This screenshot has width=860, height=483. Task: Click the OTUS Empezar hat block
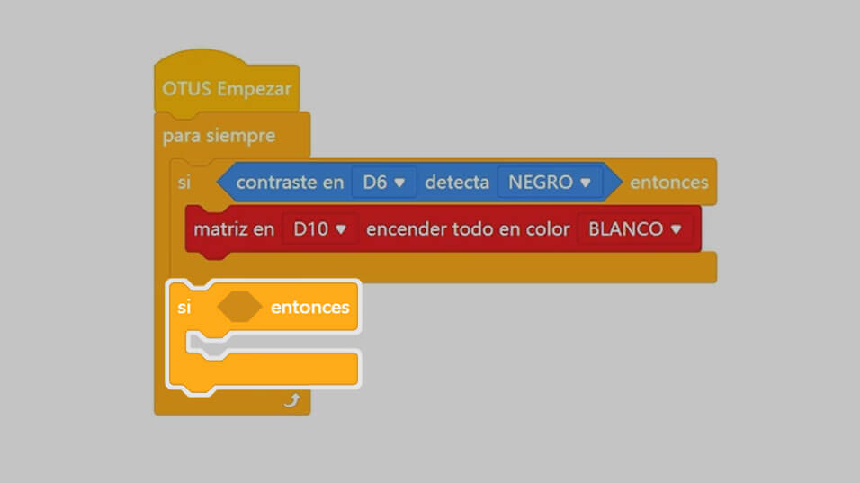[227, 84]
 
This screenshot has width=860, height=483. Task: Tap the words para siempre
[219, 136]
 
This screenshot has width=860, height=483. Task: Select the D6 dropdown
[383, 182]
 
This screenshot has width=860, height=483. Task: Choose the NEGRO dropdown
[549, 182]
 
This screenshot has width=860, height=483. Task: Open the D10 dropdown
[319, 228]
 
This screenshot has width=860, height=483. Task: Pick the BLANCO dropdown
[634, 228]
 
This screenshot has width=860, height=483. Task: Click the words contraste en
[291, 182]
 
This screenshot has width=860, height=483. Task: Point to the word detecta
[457, 182]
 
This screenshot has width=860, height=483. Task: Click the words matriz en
[234, 228]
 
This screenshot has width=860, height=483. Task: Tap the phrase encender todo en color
[468, 228]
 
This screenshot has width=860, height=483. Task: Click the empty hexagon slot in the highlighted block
[239, 307]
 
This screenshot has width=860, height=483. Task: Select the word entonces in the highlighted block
[309, 307]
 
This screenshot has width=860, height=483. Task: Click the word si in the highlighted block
[184, 307]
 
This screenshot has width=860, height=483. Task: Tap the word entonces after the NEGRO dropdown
[669, 182]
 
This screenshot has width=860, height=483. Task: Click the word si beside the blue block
[184, 182]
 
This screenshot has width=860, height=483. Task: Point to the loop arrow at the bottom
[292, 401]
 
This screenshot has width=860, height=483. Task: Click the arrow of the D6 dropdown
[399, 183]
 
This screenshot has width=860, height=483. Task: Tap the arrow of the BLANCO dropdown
[676, 229]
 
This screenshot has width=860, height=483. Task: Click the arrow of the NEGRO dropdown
[586, 183]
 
